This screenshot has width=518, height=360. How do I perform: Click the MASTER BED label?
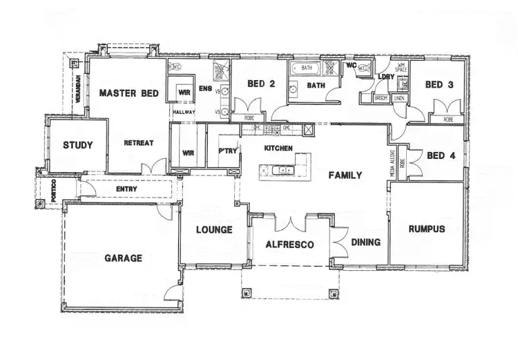coord(129,93)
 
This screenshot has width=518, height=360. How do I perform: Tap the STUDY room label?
coord(78,145)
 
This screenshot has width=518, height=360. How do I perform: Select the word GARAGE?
coord(124,258)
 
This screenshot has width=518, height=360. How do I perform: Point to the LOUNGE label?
coord(213,229)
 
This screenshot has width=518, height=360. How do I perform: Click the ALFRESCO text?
coord(290,245)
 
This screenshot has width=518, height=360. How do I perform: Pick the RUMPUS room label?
coord(426,229)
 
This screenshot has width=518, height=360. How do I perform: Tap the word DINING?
coord(365,243)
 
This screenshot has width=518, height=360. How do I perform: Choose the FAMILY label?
coord(345,175)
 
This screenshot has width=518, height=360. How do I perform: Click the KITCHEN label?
coord(279,149)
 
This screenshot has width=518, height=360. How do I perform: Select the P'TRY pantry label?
coord(227,151)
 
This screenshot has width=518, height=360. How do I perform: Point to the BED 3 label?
coord(439,85)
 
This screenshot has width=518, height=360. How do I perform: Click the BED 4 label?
coord(441,155)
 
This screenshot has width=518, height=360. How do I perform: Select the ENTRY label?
coord(126,189)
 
